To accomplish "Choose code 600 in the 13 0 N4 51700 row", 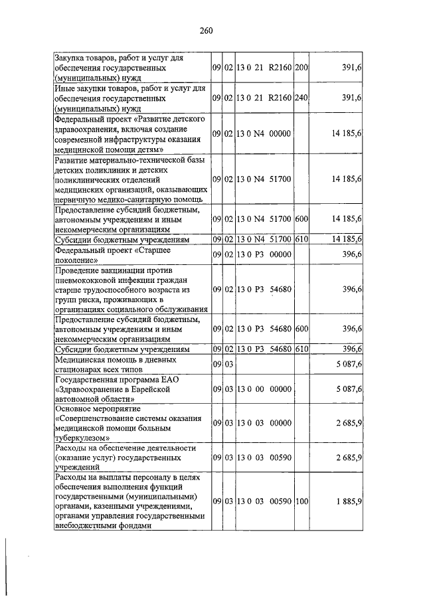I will click(x=302, y=218).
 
